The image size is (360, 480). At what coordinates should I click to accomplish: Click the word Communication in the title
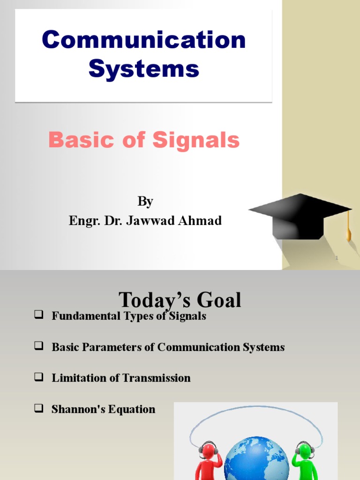[x=143, y=40]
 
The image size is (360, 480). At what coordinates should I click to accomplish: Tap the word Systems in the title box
[x=143, y=69]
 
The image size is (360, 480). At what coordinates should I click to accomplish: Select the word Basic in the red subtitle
[x=75, y=140]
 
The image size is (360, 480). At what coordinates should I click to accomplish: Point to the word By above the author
[x=145, y=202]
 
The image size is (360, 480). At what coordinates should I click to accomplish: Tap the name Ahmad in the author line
[x=202, y=220]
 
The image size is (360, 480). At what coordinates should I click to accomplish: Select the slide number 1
[x=336, y=258]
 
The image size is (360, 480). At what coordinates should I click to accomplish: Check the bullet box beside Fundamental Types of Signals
[x=38, y=315]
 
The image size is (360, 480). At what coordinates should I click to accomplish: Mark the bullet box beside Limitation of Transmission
[x=38, y=377]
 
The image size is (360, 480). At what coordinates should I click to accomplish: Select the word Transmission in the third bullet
[x=155, y=378]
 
